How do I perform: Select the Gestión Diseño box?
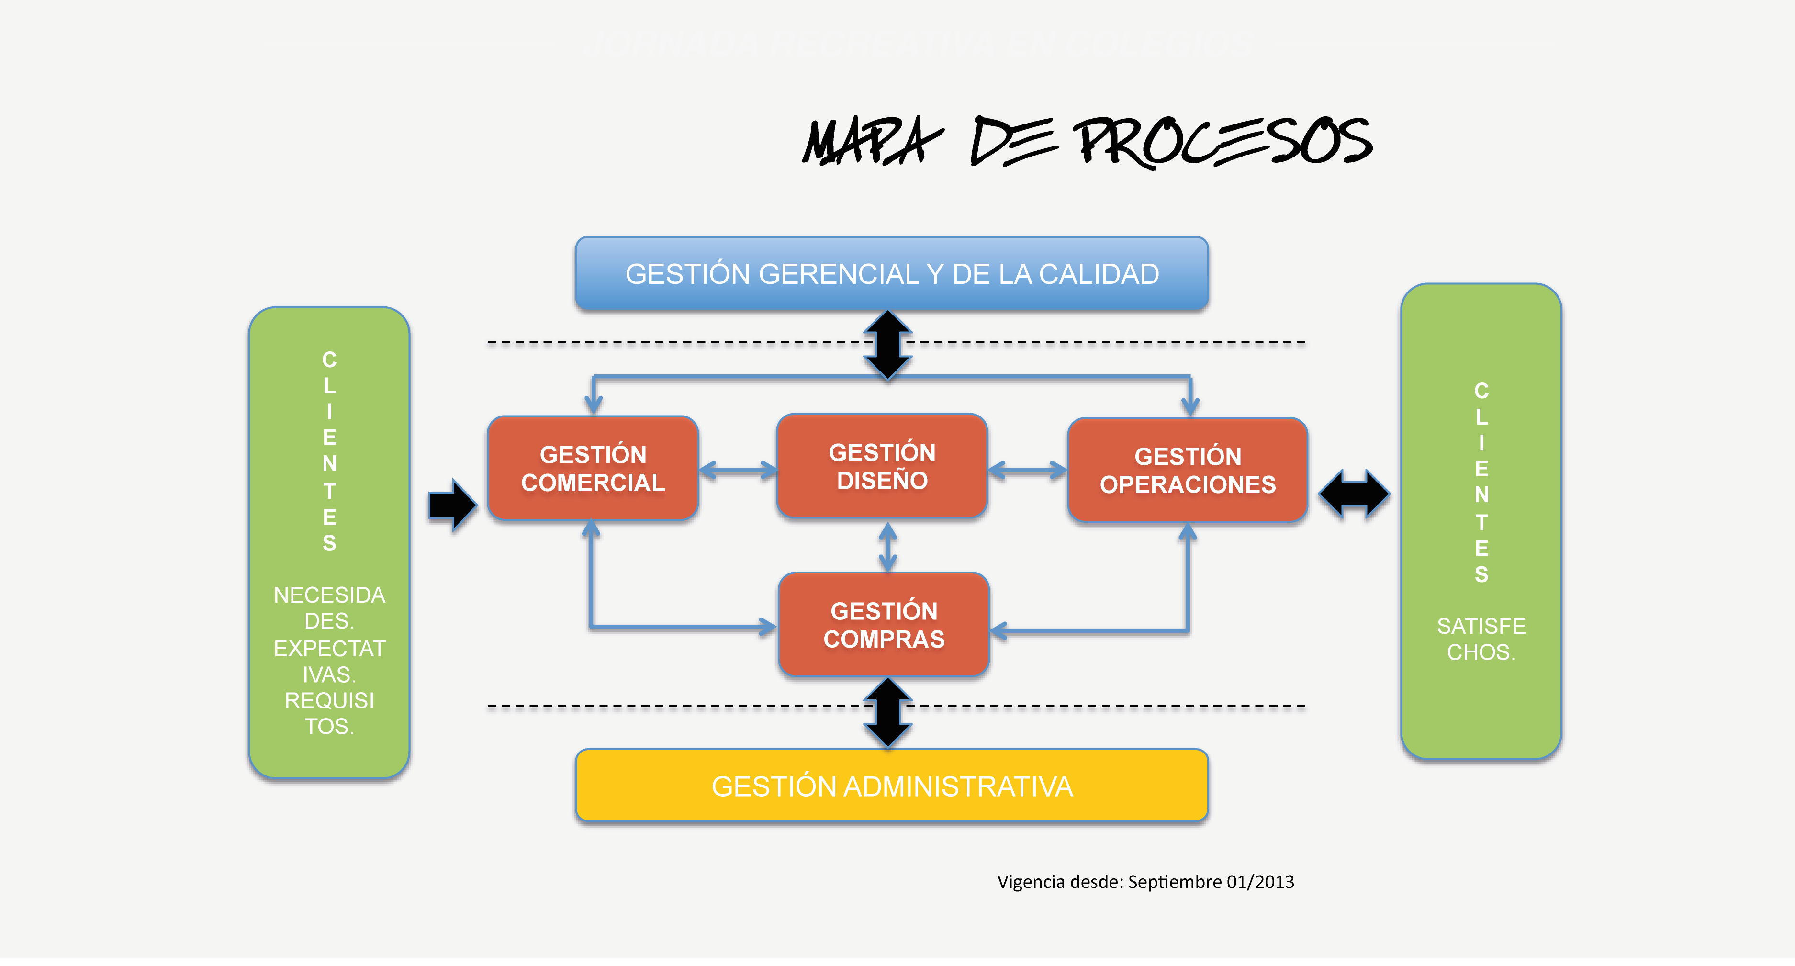(x=882, y=466)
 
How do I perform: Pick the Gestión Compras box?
(x=884, y=625)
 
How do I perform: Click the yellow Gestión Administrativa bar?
(x=891, y=786)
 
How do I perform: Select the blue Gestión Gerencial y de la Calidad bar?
(x=891, y=274)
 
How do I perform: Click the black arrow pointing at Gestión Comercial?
(x=453, y=505)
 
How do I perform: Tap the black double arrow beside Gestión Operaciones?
(x=1354, y=494)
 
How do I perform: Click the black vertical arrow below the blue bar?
(x=888, y=346)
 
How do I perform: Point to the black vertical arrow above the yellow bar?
(x=888, y=713)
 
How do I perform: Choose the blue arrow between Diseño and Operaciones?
(x=1027, y=471)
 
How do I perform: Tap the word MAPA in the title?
(x=871, y=142)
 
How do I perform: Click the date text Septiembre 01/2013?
(x=1211, y=882)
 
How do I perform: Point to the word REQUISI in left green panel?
(x=329, y=700)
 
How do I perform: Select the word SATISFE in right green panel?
(x=1481, y=626)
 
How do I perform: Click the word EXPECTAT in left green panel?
(x=329, y=648)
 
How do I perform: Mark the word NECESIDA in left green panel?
(x=329, y=595)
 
